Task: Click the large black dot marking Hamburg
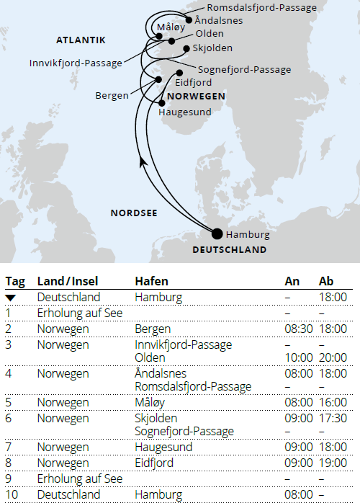pos(217,233)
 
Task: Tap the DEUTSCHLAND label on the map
pos(230,250)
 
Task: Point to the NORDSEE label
pos(134,213)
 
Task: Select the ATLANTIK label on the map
pos(81,40)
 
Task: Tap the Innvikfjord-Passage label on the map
pos(76,63)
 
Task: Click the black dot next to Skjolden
pos(186,49)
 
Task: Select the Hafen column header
pos(151,281)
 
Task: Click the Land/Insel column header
pos(68,281)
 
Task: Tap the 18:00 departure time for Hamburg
pos(333,297)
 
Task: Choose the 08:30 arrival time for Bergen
pos(299,329)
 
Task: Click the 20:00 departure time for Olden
pos(333,357)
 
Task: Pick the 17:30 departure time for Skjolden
pos(333,418)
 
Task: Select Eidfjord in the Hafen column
pos(154,463)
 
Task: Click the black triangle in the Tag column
pos(11,297)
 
